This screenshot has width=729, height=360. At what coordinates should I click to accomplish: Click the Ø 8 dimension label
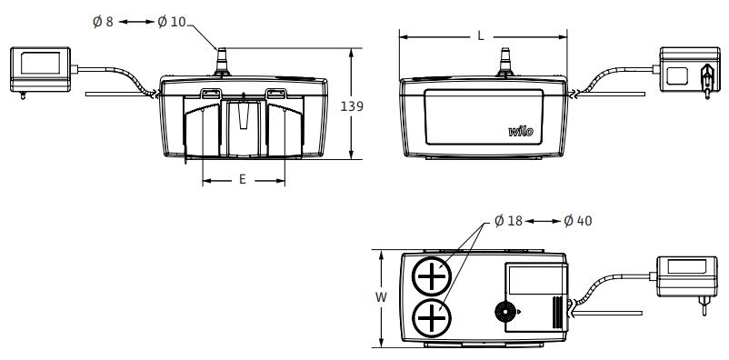pyautogui.click(x=103, y=22)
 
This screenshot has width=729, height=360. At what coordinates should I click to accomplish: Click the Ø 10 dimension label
pyautogui.click(x=172, y=22)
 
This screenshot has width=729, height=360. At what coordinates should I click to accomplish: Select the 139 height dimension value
pyautogui.click(x=352, y=106)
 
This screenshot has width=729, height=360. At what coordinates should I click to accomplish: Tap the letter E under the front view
pyautogui.click(x=242, y=179)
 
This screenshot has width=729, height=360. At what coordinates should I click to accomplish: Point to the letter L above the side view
pyautogui.click(x=481, y=36)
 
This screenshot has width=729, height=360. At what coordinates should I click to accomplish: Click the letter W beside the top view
pyautogui.click(x=381, y=297)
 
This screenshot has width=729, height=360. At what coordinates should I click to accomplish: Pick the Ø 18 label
pyautogui.click(x=509, y=221)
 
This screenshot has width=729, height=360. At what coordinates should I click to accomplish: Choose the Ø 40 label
pyautogui.click(x=578, y=221)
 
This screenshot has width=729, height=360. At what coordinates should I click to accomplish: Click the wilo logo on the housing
pyautogui.click(x=521, y=132)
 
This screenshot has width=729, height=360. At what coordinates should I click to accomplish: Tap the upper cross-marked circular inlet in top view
pyautogui.click(x=432, y=276)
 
